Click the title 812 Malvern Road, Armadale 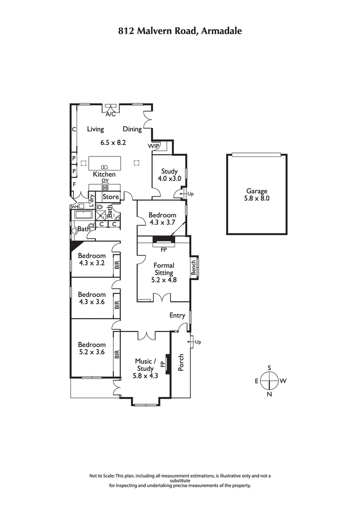[x=180, y=31]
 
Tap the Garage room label [x=256, y=191]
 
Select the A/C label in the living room [x=110, y=114]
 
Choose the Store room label [x=111, y=197]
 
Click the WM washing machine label [x=74, y=206]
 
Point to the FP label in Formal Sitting [x=163, y=248]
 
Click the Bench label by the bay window [x=194, y=268]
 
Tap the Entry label [x=177, y=315]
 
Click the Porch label [x=181, y=362]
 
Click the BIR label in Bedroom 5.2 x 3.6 [x=117, y=355]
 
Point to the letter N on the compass [x=270, y=394]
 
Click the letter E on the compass [x=256, y=381]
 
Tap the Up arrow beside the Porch [x=195, y=342]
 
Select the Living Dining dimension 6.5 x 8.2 [x=112, y=142]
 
